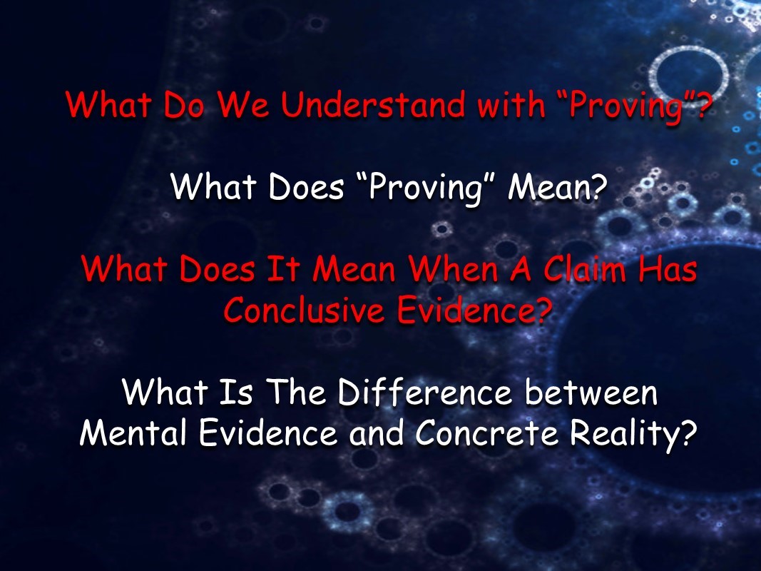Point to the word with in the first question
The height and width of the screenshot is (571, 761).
point(511,104)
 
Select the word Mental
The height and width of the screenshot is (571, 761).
point(133,432)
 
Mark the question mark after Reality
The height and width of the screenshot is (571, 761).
point(688,432)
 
